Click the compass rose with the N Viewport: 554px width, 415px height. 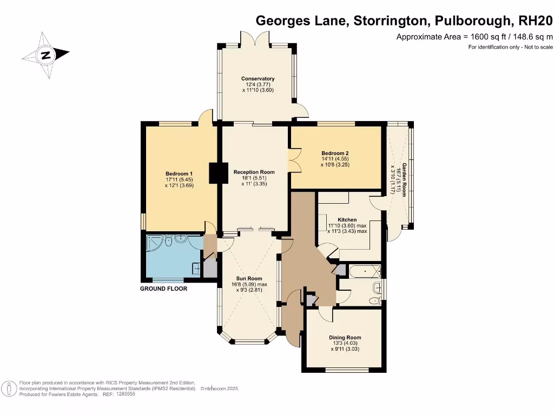pyautogui.click(x=45, y=55)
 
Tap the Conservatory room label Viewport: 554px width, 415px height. pyautogui.click(x=258, y=79)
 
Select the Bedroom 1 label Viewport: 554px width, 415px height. pyautogui.click(x=179, y=173)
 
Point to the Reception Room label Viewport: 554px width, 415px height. pyautogui.click(x=254, y=172)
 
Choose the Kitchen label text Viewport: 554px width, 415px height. pyautogui.click(x=347, y=220)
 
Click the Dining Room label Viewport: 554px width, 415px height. pyautogui.click(x=345, y=338)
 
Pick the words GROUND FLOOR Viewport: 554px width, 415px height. pyautogui.click(x=163, y=289)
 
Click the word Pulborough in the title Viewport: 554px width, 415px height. pyautogui.click(x=474, y=21)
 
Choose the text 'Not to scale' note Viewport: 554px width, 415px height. pyautogui.click(x=536, y=48)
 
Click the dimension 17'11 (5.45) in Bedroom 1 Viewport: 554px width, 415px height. pyautogui.click(x=179, y=179)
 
